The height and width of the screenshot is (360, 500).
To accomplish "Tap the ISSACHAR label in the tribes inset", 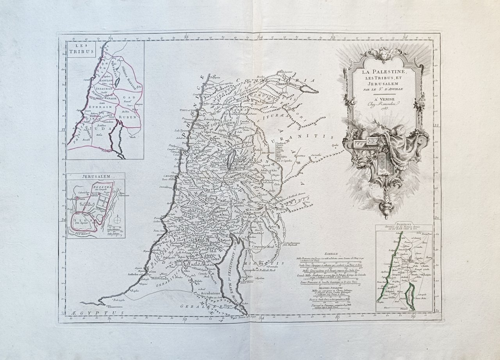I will pyautogui.click(x=99, y=89).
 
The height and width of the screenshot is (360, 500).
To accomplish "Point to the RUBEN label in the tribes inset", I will pyautogui.click(x=130, y=116).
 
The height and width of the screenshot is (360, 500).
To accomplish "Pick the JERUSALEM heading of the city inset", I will pyautogui.click(x=95, y=176).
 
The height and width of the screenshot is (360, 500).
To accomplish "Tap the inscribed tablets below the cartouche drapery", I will pyautogui.click(x=383, y=161).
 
